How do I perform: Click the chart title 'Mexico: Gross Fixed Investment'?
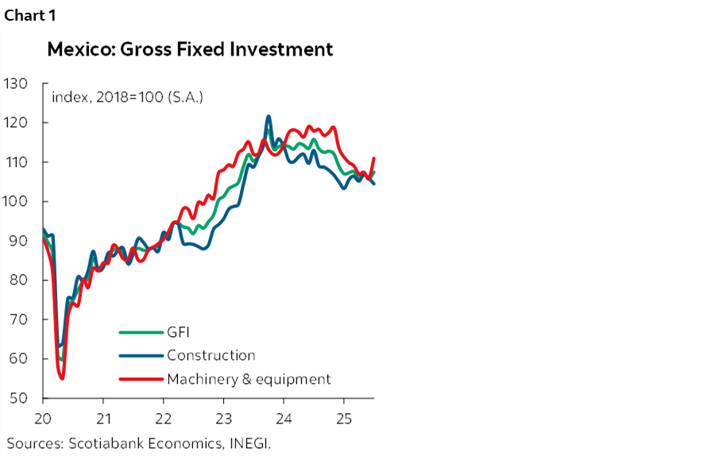190,49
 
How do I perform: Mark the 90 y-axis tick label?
18,241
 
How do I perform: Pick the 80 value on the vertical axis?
18,280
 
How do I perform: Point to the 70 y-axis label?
18,319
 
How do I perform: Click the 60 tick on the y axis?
18,359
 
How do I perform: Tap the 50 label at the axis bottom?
18,398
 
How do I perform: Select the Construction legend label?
211,356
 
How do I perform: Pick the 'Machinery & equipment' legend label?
248,379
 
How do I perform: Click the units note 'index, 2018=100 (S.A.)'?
127,98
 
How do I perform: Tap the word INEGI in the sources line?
249,443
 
